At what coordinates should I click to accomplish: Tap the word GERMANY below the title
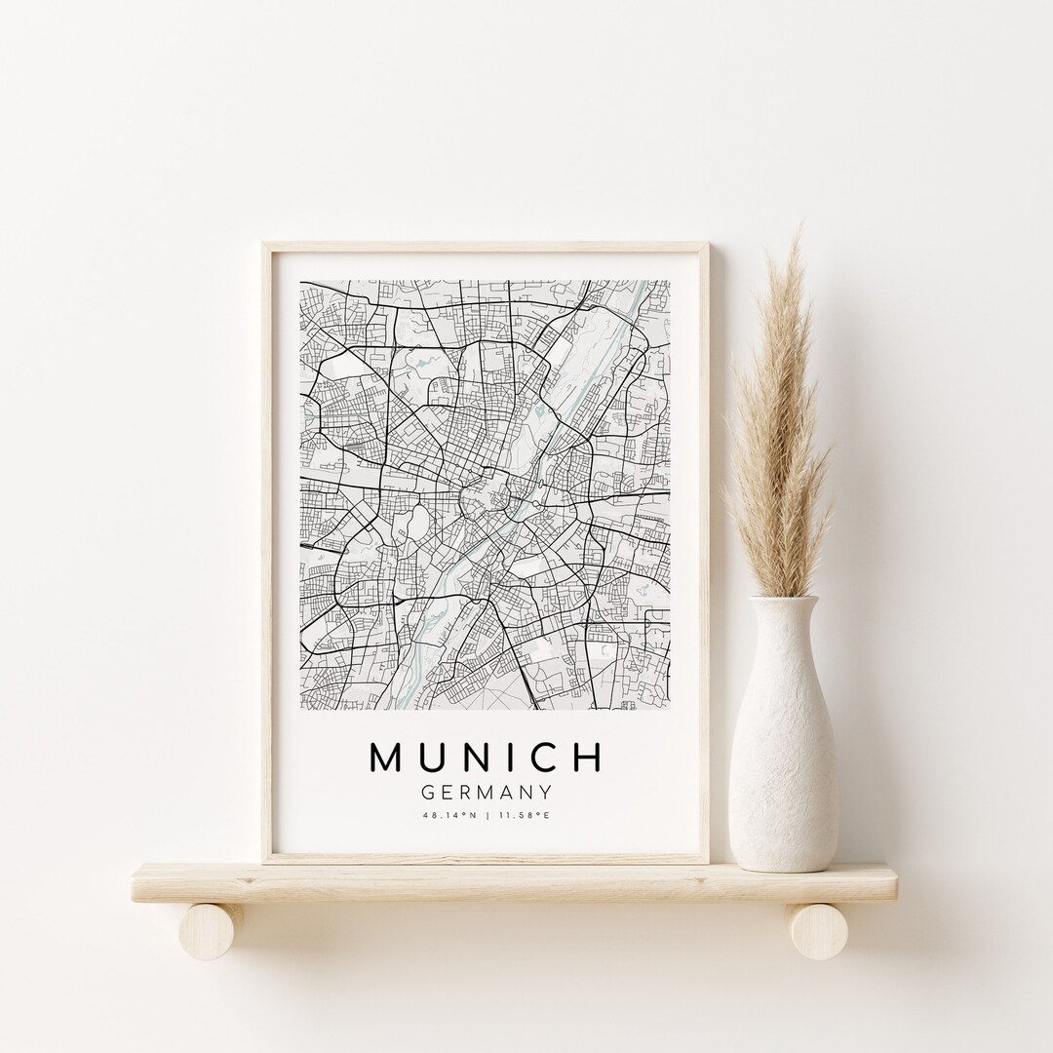pos(486,793)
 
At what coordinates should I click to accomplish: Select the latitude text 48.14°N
pos(449,815)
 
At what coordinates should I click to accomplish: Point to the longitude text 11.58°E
pos(524,815)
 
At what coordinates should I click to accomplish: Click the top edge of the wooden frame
pos(486,247)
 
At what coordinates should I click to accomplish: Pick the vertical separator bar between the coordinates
pos(486,815)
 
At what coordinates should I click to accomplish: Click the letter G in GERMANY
pos(427,793)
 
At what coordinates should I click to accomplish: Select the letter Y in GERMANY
pos(546,793)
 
